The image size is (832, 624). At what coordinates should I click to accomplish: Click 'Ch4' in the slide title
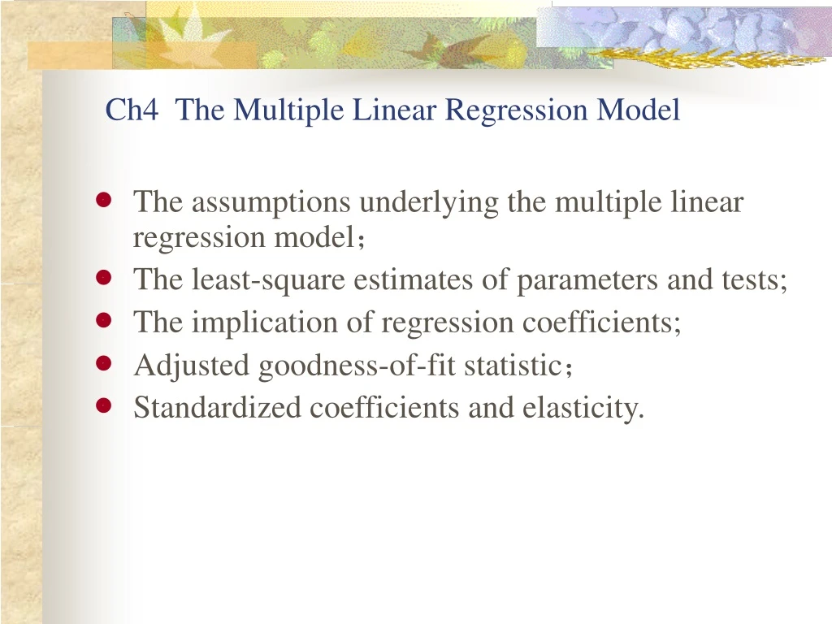click(132, 110)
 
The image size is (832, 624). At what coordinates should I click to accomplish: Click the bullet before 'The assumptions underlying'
click(103, 201)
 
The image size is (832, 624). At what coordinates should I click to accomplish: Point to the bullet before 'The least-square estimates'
click(103, 278)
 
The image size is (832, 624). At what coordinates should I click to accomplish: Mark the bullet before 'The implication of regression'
click(103, 321)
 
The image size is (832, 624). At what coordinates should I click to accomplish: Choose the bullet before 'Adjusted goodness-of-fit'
click(103, 364)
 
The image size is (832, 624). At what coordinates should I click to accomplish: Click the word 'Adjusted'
click(192, 366)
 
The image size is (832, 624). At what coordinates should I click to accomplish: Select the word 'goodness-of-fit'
click(357, 366)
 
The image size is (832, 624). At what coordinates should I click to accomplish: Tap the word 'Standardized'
click(217, 408)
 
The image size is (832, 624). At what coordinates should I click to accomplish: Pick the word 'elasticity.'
click(583, 408)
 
